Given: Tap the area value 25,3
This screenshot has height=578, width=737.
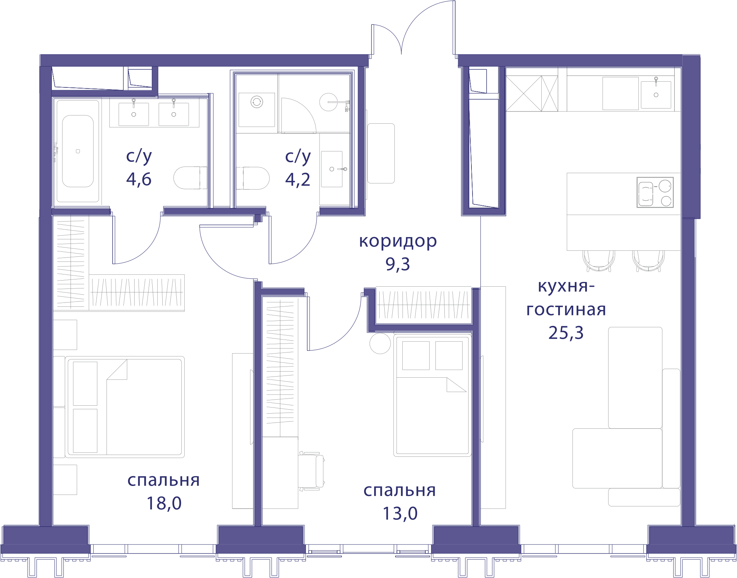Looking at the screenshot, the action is tap(566, 333).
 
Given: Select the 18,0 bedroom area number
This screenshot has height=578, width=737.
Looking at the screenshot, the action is tap(164, 503).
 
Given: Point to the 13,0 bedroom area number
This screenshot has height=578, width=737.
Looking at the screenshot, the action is tap(400, 513).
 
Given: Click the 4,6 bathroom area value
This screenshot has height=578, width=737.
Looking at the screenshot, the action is tap(139, 179).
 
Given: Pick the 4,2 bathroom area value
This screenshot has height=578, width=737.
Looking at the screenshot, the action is tap(298, 179).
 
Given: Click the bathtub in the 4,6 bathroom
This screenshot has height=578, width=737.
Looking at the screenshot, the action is tap(78, 151).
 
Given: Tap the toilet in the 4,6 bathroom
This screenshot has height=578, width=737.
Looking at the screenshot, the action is tap(190, 178).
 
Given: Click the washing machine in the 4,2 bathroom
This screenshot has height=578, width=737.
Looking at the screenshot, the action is tap(257, 110).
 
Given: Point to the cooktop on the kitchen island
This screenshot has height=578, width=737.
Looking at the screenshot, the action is tap(655, 192).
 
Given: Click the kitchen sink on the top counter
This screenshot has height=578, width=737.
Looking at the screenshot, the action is tap(656, 95).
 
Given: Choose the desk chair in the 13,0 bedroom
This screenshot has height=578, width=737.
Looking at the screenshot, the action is tap(312, 471).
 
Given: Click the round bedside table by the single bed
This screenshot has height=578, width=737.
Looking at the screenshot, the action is tap(380, 343).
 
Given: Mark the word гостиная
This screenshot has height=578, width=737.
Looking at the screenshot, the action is tap(566, 310).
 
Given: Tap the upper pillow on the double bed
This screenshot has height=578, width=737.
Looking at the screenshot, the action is tap(85, 383).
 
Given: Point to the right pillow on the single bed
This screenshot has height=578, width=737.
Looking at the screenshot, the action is tap(449, 355).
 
